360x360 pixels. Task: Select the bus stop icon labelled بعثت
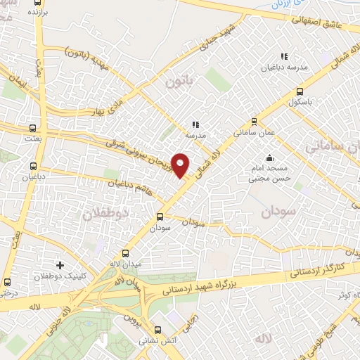[32, 129]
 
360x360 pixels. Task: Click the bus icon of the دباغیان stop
[33, 167]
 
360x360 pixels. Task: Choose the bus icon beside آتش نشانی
[159, 328]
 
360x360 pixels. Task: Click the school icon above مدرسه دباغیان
[284, 56]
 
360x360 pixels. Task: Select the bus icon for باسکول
[300, 91]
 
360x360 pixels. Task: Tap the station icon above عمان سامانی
[253, 120]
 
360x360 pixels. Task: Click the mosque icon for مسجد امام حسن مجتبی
[269, 158]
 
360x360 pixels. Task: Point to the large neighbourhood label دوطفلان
[107, 212]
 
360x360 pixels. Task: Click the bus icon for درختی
[7, 281]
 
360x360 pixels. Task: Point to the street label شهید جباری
[223, 35]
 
